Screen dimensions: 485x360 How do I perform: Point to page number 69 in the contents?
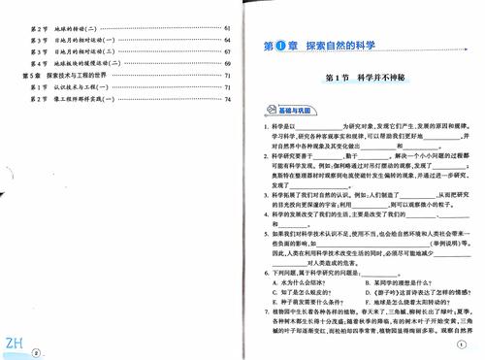click(x=226, y=62)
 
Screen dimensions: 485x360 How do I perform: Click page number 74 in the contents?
click(x=226, y=99)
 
